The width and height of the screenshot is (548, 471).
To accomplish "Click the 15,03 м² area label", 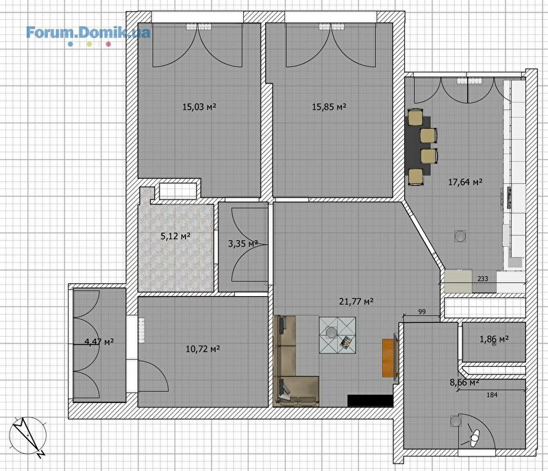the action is click(x=199, y=107).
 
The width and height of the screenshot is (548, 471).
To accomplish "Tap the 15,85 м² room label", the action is click(x=329, y=107).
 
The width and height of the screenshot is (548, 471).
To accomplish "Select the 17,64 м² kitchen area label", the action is click(x=466, y=182).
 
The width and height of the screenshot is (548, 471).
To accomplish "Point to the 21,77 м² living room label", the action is click(x=356, y=301).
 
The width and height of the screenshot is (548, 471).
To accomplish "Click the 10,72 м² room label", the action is click(x=203, y=348).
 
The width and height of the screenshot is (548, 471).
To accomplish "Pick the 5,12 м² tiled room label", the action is click(x=175, y=237).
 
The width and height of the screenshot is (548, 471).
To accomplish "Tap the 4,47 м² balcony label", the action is click(x=99, y=341).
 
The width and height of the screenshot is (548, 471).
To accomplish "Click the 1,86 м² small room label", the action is click(x=494, y=339).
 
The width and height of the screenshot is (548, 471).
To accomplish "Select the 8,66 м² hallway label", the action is click(x=464, y=383).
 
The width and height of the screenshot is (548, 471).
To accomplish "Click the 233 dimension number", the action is click(x=483, y=278).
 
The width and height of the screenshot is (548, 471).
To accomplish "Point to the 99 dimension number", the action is click(x=422, y=311).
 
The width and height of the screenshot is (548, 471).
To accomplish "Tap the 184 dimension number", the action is click(x=492, y=395).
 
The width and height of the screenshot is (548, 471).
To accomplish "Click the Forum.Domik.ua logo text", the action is click(x=88, y=33).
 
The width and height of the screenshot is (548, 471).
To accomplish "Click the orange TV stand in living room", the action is click(x=388, y=358).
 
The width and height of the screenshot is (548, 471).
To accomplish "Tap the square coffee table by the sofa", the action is click(x=338, y=335).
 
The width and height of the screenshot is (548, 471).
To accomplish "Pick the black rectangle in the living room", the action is click(x=371, y=400).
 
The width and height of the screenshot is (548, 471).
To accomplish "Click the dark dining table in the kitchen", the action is click(x=419, y=145).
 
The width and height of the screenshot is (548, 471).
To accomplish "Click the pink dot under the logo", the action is click(x=108, y=44).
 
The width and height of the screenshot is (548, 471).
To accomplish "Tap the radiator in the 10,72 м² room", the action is click(x=142, y=330).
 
